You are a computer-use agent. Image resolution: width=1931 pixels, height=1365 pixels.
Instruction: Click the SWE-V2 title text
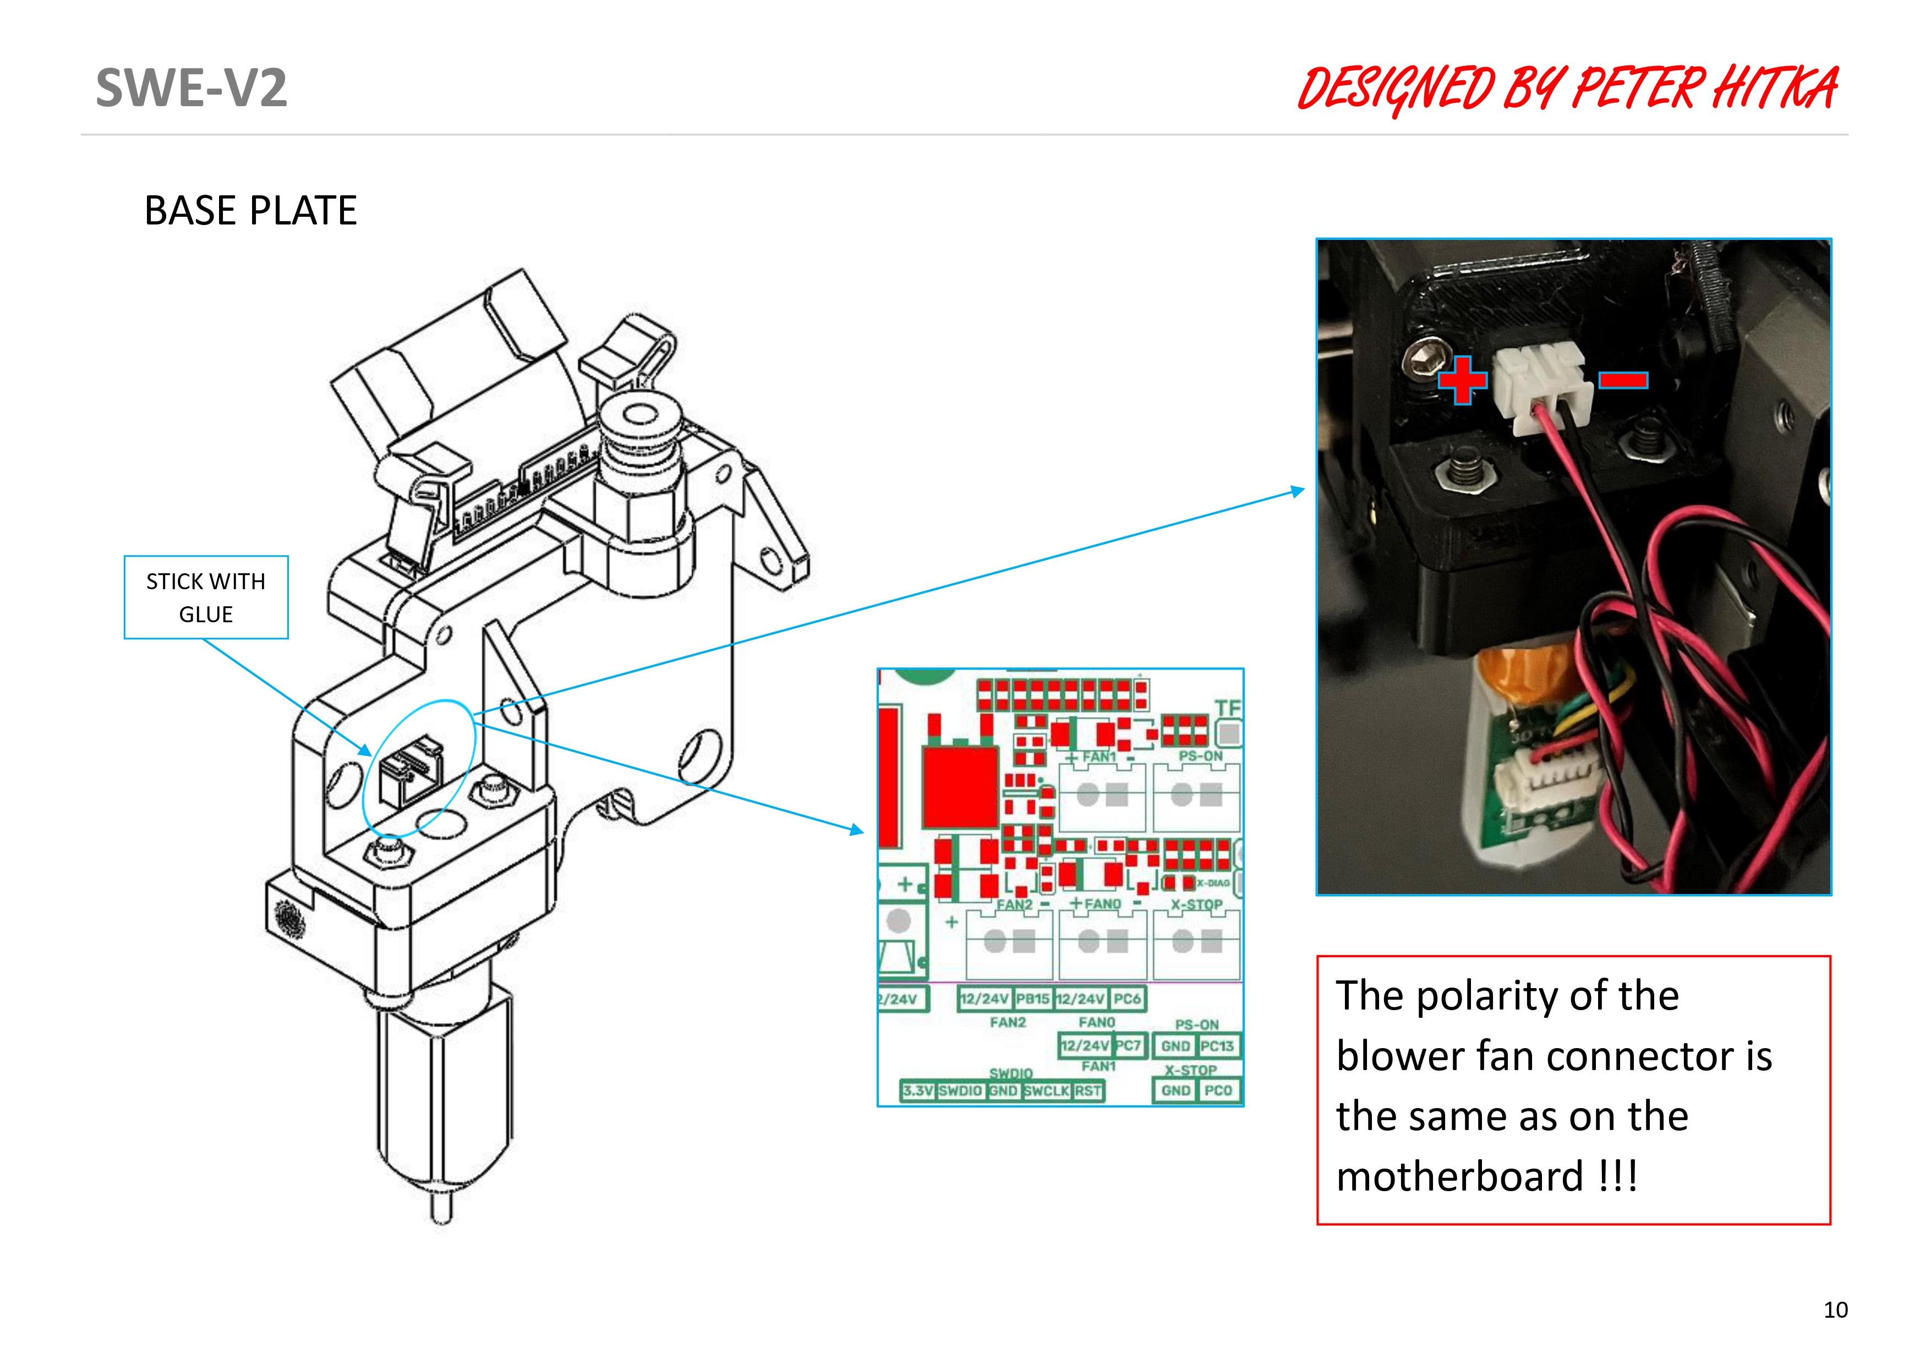[x=191, y=87]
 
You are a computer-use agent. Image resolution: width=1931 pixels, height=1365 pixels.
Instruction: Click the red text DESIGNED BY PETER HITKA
[x=1567, y=89]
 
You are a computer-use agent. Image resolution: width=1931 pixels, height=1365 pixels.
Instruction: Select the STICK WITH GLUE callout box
[x=206, y=597]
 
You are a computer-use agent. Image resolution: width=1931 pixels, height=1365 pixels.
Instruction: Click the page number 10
[x=1835, y=1309]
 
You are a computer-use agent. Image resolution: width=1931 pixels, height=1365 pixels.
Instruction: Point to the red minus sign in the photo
[x=1622, y=380]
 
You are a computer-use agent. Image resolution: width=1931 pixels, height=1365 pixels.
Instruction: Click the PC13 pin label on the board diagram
[x=1217, y=1046]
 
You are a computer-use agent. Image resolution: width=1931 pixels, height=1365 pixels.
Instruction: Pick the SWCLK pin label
[x=1046, y=1091]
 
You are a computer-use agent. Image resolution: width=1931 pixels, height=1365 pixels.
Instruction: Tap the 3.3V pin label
[x=917, y=1091]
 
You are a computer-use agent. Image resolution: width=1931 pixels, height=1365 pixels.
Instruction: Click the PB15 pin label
[x=1033, y=999]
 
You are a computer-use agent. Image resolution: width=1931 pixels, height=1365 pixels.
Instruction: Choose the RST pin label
[x=1087, y=1091]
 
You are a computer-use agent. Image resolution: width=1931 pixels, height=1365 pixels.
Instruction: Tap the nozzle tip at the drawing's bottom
[x=441, y=1211]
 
